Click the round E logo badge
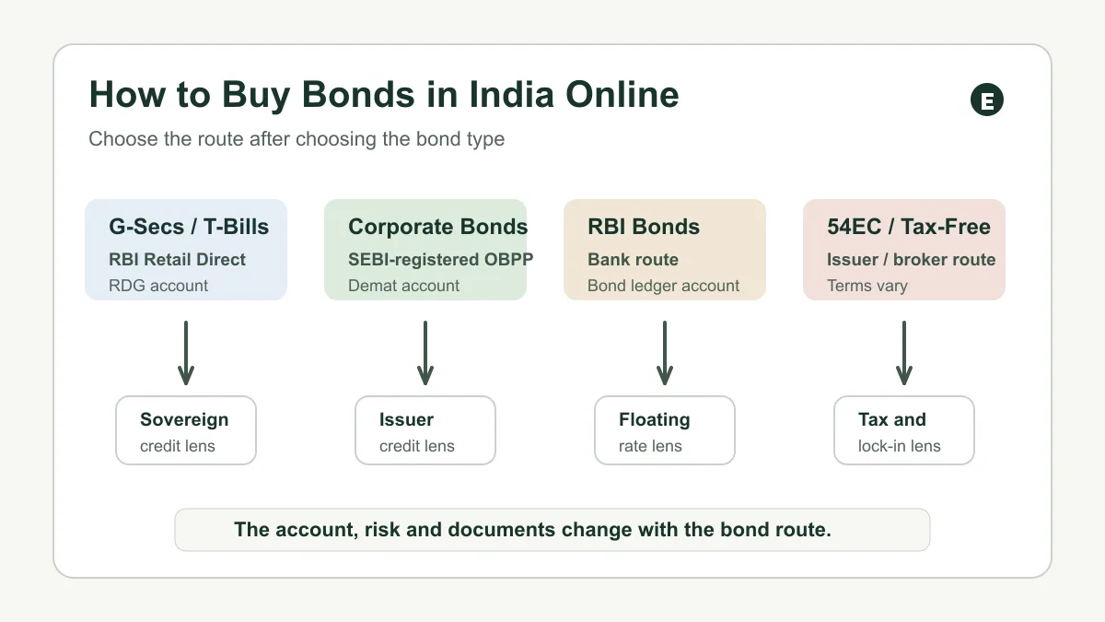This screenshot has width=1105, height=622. (x=986, y=100)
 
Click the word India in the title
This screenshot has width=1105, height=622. (x=511, y=94)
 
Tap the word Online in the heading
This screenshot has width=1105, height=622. (x=622, y=94)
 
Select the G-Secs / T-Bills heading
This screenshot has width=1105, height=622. (x=189, y=227)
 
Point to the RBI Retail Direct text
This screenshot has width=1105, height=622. (x=177, y=259)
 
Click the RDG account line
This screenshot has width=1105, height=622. (x=158, y=286)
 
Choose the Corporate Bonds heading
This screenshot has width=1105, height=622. (x=438, y=227)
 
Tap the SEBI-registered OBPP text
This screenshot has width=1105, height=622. (x=440, y=259)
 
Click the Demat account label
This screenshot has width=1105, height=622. (x=403, y=286)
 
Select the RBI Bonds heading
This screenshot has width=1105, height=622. (x=644, y=227)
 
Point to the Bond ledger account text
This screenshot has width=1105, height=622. (x=664, y=286)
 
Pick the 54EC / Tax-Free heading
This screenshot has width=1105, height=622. (x=909, y=227)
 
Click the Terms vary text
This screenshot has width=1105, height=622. (x=867, y=286)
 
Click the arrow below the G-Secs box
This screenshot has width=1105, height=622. (x=186, y=353)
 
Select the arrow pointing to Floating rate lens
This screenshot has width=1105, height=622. (x=665, y=353)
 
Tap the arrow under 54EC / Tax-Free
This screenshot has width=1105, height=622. (x=903, y=353)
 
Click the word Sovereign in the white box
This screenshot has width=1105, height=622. (x=184, y=419)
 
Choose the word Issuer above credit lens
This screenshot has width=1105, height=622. (x=406, y=419)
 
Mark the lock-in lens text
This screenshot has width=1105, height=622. (x=899, y=446)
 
